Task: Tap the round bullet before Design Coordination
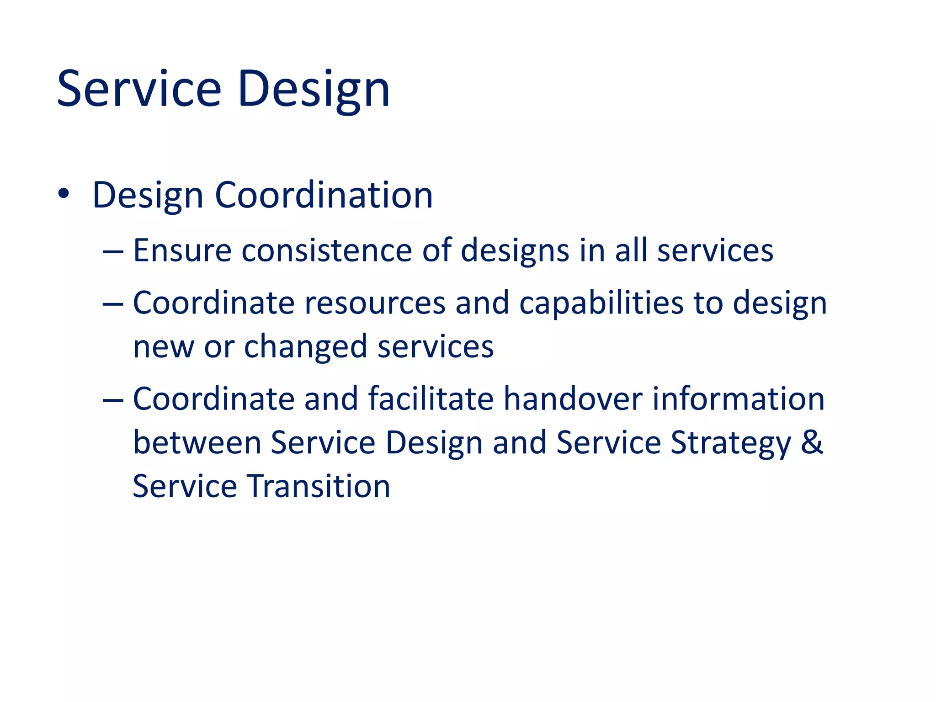[x=64, y=194]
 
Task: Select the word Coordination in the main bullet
[x=324, y=195]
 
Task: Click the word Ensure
[x=182, y=250]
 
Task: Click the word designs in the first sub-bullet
[x=515, y=250]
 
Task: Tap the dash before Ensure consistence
[x=113, y=252]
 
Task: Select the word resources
[x=375, y=303]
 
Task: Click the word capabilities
[x=601, y=304]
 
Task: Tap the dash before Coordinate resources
[x=113, y=304]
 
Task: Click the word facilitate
[x=431, y=399]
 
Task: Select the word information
[x=738, y=399]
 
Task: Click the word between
[x=197, y=442]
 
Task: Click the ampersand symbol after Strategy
[x=812, y=442]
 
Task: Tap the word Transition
[x=319, y=486]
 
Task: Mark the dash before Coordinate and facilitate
[x=113, y=400]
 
